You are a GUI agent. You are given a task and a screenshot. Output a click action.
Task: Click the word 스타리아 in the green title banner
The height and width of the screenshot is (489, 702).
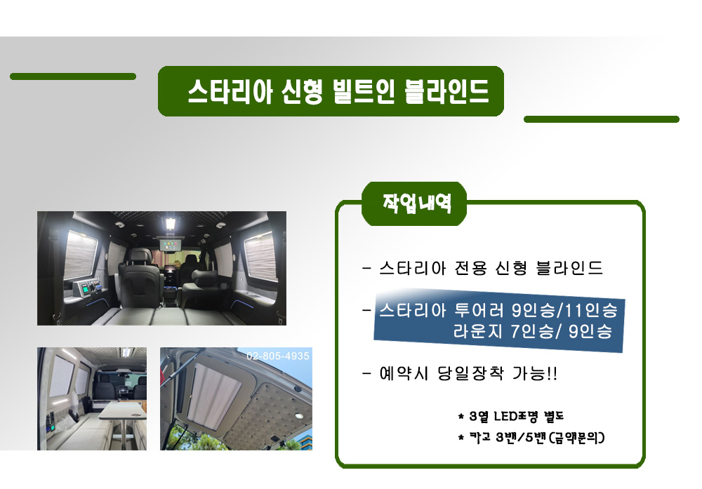coord(230,92)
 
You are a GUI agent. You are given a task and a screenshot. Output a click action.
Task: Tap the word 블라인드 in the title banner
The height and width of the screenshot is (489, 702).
coord(446,91)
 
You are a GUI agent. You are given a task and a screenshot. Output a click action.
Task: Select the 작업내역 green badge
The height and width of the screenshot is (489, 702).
coord(414,203)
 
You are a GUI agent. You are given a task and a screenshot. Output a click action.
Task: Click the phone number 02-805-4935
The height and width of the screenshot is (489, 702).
coord(277,356)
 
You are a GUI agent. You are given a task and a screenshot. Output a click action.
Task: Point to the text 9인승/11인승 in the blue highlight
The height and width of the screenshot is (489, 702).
coord(564,309)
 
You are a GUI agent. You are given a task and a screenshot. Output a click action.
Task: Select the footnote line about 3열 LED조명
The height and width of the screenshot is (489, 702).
coord(510,417)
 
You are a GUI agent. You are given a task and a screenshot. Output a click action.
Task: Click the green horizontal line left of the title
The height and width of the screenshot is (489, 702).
coord(73,76)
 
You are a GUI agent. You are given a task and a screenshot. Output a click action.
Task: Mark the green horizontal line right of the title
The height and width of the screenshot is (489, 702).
coord(602,119)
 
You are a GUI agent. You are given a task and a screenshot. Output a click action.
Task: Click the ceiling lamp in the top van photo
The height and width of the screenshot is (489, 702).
coord(171,222)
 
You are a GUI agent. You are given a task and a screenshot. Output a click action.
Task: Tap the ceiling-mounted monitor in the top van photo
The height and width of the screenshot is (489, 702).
coord(171,245)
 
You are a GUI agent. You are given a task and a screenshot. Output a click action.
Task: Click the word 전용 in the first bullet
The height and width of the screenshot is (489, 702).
coord(470,268)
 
